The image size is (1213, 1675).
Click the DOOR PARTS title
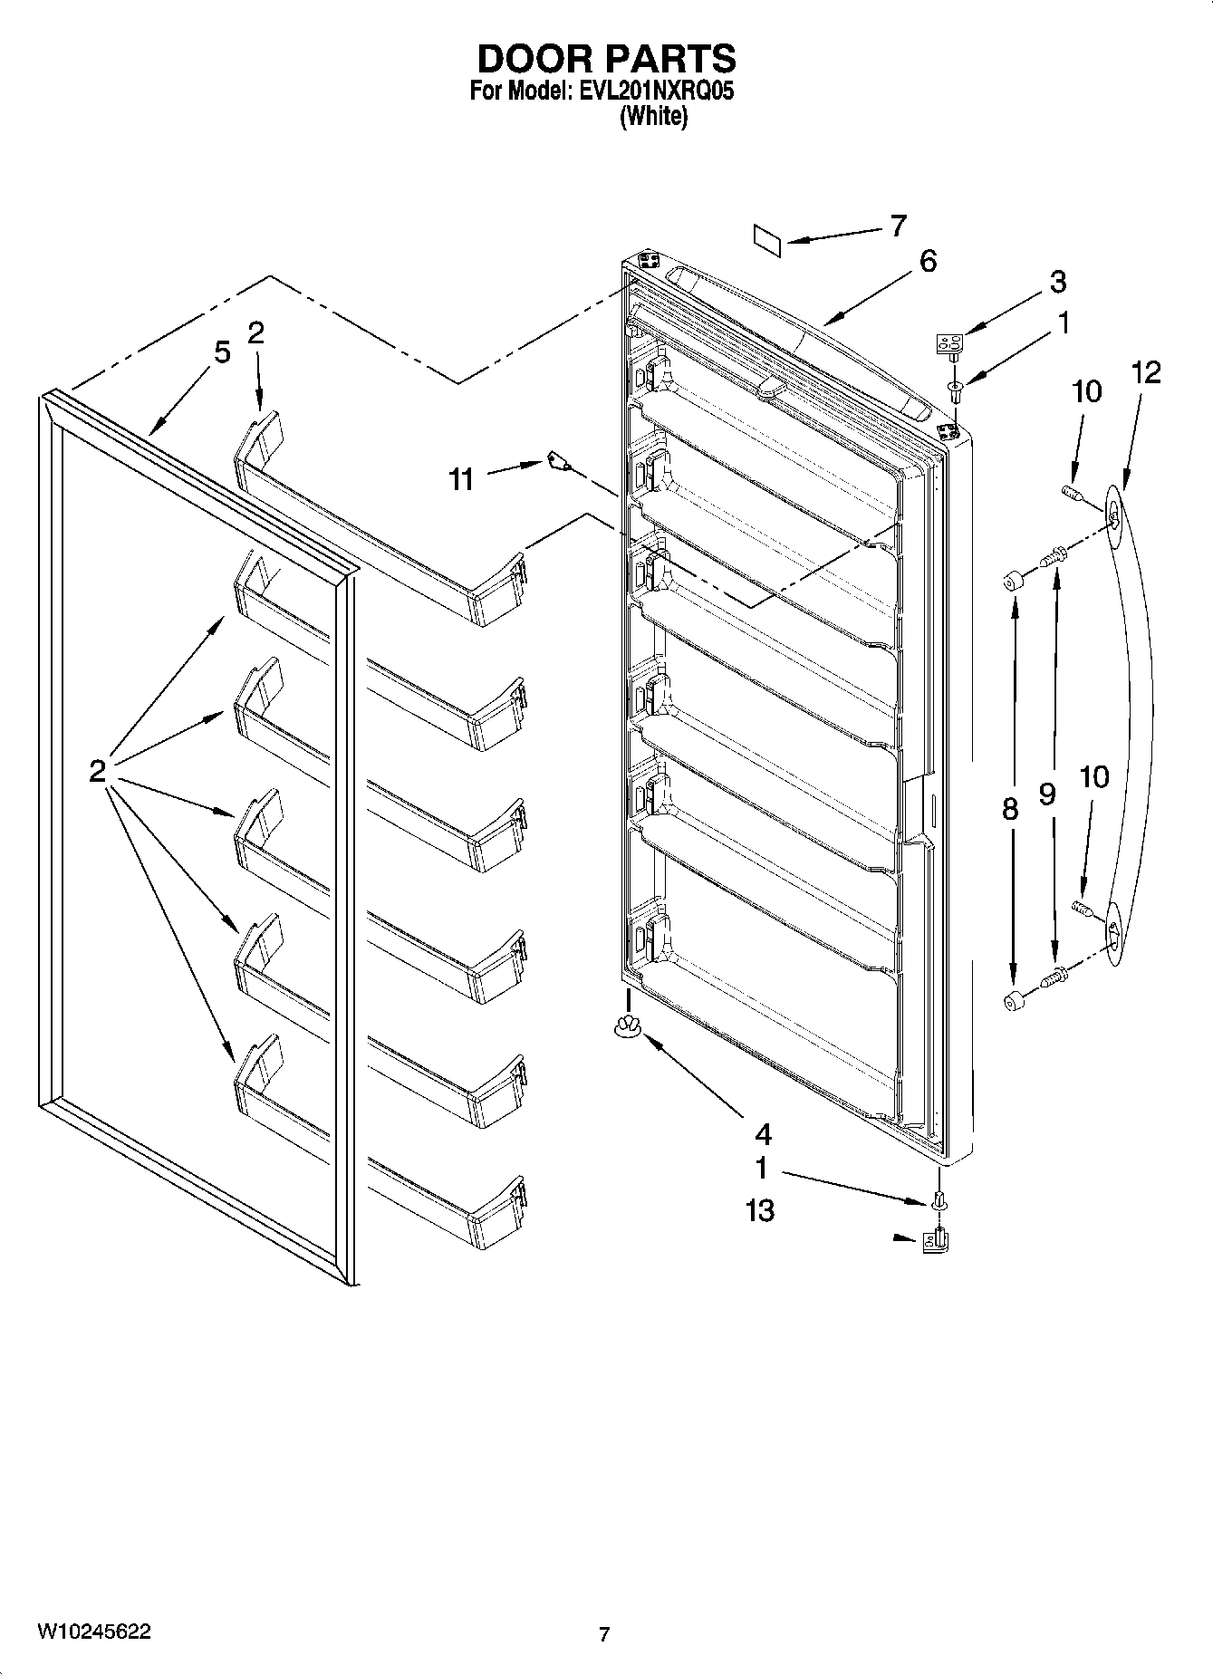(x=606, y=59)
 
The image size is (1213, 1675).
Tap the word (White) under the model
(x=653, y=116)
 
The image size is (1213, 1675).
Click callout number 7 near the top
(x=897, y=226)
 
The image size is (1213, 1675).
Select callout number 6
(x=927, y=262)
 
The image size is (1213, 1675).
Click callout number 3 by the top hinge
(x=1058, y=282)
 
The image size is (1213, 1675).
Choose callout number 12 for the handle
(x=1145, y=371)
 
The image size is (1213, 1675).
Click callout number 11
(x=462, y=479)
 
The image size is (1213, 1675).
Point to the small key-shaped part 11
(x=558, y=463)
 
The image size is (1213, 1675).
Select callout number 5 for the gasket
(x=222, y=351)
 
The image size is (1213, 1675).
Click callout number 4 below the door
(x=763, y=1133)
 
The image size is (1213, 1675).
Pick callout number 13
(x=760, y=1210)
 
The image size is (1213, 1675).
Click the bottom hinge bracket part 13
(x=935, y=1239)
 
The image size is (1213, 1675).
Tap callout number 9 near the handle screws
(x=1047, y=794)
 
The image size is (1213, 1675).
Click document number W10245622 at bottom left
(x=94, y=1632)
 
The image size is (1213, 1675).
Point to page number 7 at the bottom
(x=604, y=1635)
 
